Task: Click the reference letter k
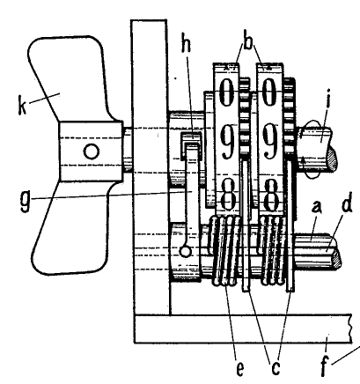(22, 105)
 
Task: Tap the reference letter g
(26, 201)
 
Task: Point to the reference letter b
(248, 42)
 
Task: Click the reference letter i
(328, 99)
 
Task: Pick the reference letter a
(316, 207)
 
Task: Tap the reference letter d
(347, 203)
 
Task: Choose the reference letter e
(240, 369)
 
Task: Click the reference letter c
(276, 368)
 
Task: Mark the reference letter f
(324, 366)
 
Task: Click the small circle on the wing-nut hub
(92, 151)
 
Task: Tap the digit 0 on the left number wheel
(226, 92)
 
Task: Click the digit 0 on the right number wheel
(269, 92)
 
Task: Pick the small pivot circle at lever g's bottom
(186, 251)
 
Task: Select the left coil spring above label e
(225, 251)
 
